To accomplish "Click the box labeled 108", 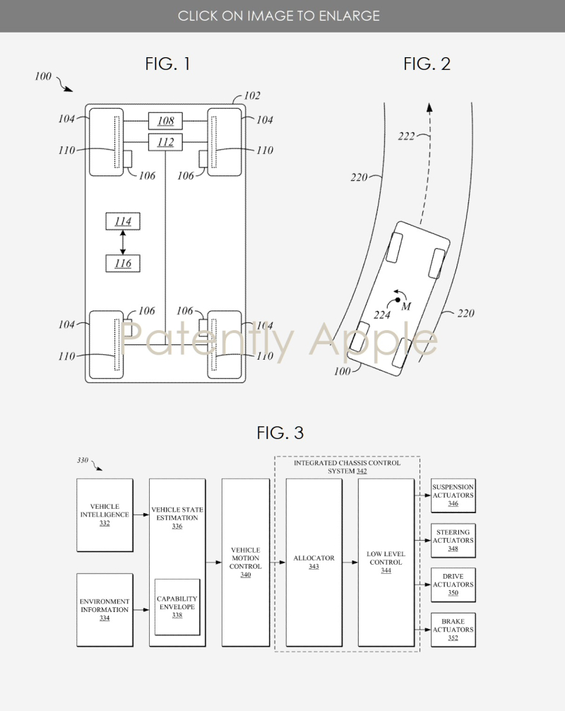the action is point(165,121).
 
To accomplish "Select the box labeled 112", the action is point(165,142).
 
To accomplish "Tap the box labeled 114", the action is point(123,221).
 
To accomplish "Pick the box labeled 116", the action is point(123,264).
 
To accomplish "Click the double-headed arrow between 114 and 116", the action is point(123,242).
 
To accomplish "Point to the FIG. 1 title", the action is point(167,64).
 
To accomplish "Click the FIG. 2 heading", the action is point(427,64).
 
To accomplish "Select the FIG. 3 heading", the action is point(280,433).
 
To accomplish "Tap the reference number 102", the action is point(252,95).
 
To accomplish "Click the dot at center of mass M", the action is point(398,300).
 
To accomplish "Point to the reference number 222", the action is point(406,136).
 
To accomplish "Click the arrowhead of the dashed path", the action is point(429,107).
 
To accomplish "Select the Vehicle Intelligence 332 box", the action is point(105,515).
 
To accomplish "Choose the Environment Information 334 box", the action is point(105,610).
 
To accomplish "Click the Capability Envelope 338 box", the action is point(177,607).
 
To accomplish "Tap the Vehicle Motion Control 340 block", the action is point(246,563).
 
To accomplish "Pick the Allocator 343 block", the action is point(314,563).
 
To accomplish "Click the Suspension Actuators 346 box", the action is point(453,495).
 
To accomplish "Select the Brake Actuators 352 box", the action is point(453,630).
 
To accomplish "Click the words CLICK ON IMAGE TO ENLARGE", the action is point(279,16).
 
